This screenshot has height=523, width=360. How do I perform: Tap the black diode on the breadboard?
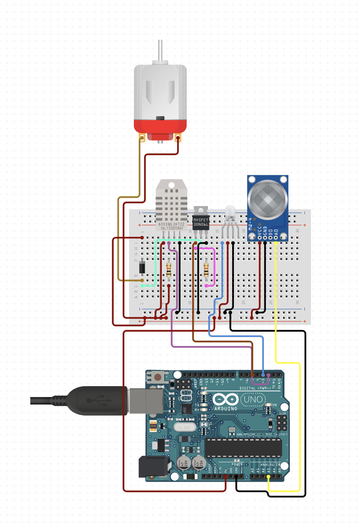point(142,266)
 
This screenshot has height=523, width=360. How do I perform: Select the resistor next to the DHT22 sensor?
point(169,269)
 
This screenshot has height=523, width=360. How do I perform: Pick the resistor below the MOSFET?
point(206,269)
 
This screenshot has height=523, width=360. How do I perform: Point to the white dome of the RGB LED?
point(230,213)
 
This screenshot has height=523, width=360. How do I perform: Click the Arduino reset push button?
point(158,377)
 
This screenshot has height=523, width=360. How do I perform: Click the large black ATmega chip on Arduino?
point(243,447)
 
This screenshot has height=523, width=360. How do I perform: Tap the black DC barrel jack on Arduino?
point(150,467)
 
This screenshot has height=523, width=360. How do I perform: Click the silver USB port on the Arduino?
point(146,400)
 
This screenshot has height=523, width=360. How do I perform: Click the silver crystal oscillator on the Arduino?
point(186,427)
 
